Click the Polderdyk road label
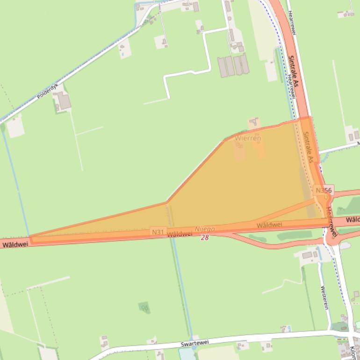pyautogui.click(x=47, y=92)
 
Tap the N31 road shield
pyautogui.click(x=158, y=232)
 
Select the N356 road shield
pyautogui.click(x=324, y=190)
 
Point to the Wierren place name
pyautogui.click(x=248, y=138)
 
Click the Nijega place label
pyautogui.click(x=205, y=229)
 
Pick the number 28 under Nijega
pyautogui.click(x=205, y=238)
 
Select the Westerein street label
pyautogui.click(x=324, y=297)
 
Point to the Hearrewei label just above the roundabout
pyautogui.click(x=331, y=220)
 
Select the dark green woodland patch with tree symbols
pyautogui.click(x=144, y=307)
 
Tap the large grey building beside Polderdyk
pyautogui.click(x=63, y=101)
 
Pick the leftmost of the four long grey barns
pyautogui.click(x=222, y=66)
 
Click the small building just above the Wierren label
pyautogui.click(x=253, y=122)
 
